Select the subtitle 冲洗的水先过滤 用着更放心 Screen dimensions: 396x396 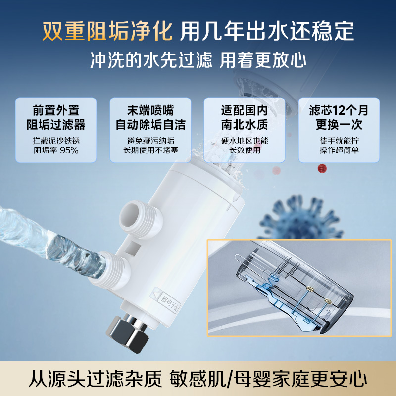(x=198, y=60)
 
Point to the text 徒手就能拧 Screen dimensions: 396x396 (x=339, y=141)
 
